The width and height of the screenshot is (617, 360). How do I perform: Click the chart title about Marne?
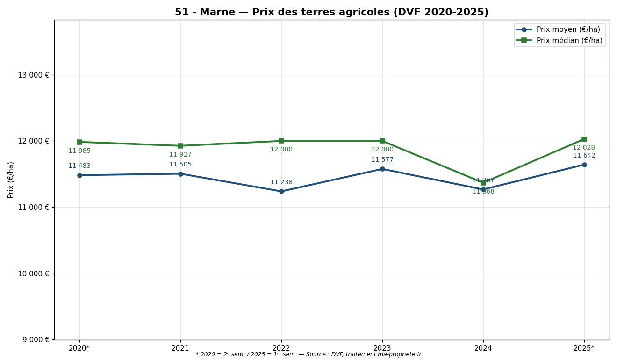[331, 13]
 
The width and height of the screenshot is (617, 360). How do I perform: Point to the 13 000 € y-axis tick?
[33, 75]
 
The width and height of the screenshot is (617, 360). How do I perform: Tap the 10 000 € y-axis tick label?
[33, 274]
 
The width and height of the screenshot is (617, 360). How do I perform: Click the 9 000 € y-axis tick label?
[35, 339]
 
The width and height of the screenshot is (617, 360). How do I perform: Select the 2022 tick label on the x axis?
[281, 348]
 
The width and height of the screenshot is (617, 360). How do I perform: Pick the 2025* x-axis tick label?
[584, 348]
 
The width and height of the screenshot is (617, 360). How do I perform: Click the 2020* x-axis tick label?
[79, 348]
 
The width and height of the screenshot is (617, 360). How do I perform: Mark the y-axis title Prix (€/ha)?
[11, 180]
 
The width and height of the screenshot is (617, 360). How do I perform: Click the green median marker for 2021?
[180, 146]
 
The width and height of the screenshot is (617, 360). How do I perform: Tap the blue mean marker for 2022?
[281, 191]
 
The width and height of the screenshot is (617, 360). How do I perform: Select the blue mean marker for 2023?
[382, 169]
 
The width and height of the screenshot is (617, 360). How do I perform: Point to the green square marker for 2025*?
[584, 139]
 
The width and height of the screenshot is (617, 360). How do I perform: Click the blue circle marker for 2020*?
[79, 175]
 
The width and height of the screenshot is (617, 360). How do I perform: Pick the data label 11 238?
[281, 182]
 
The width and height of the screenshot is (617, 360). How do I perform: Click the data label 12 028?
[584, 148]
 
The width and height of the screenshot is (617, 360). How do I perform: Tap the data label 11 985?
[79, 151]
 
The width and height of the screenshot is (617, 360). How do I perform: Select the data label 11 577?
[382, 160]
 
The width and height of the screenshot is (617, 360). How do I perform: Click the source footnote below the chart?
[308, 355]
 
